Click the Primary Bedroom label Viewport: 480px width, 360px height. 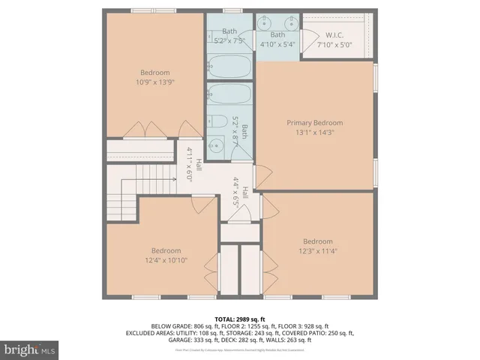[314, 123]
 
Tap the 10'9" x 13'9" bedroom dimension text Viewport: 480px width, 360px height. [155, 82]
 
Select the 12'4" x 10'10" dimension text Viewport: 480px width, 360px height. [166, 260]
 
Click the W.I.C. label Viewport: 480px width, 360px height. [334, 35]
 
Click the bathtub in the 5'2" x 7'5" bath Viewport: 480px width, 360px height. [229, 67]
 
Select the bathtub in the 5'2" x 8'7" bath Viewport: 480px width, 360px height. [229, 95]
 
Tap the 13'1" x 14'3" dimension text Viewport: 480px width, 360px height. [314, 132]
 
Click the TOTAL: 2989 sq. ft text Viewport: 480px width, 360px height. [240, 318]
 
